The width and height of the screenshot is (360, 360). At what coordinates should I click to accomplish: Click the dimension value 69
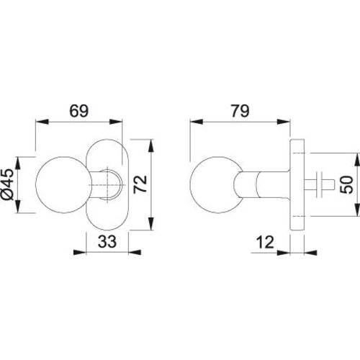(79, 111)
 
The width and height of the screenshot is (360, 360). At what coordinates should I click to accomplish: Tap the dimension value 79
(240, 111)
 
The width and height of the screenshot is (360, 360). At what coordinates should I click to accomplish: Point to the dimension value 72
(140, 184)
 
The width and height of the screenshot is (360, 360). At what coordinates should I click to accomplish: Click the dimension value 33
(107, 241)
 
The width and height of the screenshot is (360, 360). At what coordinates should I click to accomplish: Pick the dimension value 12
(265, 242)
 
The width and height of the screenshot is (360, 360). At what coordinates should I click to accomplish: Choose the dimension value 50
(347, 184)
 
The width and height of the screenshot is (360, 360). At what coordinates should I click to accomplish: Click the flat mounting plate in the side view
(297, 184)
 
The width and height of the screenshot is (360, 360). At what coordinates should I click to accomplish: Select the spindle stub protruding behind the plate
(319, 184)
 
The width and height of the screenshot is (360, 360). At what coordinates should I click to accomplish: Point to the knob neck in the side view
(261, 184)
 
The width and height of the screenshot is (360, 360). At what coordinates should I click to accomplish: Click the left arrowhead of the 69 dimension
(42, 122)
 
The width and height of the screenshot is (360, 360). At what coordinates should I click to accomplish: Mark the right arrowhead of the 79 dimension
(284, 122)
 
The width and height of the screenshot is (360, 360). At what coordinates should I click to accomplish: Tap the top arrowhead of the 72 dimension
(150, 145)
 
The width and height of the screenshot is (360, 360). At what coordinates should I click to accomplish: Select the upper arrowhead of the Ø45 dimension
(18, 163)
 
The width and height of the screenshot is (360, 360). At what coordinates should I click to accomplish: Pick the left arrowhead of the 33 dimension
(79, 252)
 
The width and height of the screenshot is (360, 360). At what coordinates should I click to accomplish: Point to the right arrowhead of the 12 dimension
(310, 253)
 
